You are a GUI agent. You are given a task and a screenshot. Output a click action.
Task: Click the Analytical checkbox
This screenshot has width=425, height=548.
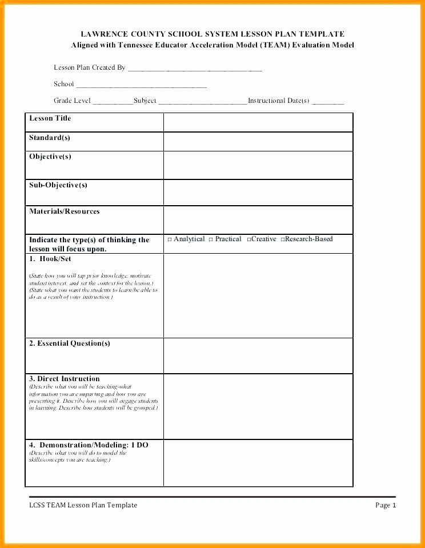(170, 239)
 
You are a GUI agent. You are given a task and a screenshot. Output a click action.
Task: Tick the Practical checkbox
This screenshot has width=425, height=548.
(211, 239)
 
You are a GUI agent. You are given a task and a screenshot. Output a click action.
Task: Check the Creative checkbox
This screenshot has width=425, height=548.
(249, 239)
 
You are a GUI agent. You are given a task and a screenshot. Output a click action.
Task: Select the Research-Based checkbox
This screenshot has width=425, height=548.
(282, 239)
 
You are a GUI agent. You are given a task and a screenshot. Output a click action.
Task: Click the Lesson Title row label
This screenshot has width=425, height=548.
(50, 118)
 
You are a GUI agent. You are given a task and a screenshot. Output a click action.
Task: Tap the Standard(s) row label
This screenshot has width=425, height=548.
(50, 138)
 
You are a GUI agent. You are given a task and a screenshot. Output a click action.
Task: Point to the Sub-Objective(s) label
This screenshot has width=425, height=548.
(58, 185)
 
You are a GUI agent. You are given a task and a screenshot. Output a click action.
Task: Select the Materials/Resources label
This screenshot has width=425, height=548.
(65, 211)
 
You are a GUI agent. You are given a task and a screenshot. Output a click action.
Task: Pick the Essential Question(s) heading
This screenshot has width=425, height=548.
(70, 343)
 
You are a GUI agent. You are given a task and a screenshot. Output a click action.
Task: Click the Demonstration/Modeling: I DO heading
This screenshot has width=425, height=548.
(89, 445)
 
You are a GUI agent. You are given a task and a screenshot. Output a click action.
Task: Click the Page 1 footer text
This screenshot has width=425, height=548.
(386, 505)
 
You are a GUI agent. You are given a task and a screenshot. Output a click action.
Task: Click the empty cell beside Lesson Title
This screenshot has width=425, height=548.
(258, 122)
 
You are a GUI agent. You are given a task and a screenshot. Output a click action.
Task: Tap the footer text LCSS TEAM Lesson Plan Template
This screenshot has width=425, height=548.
(83, 505)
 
